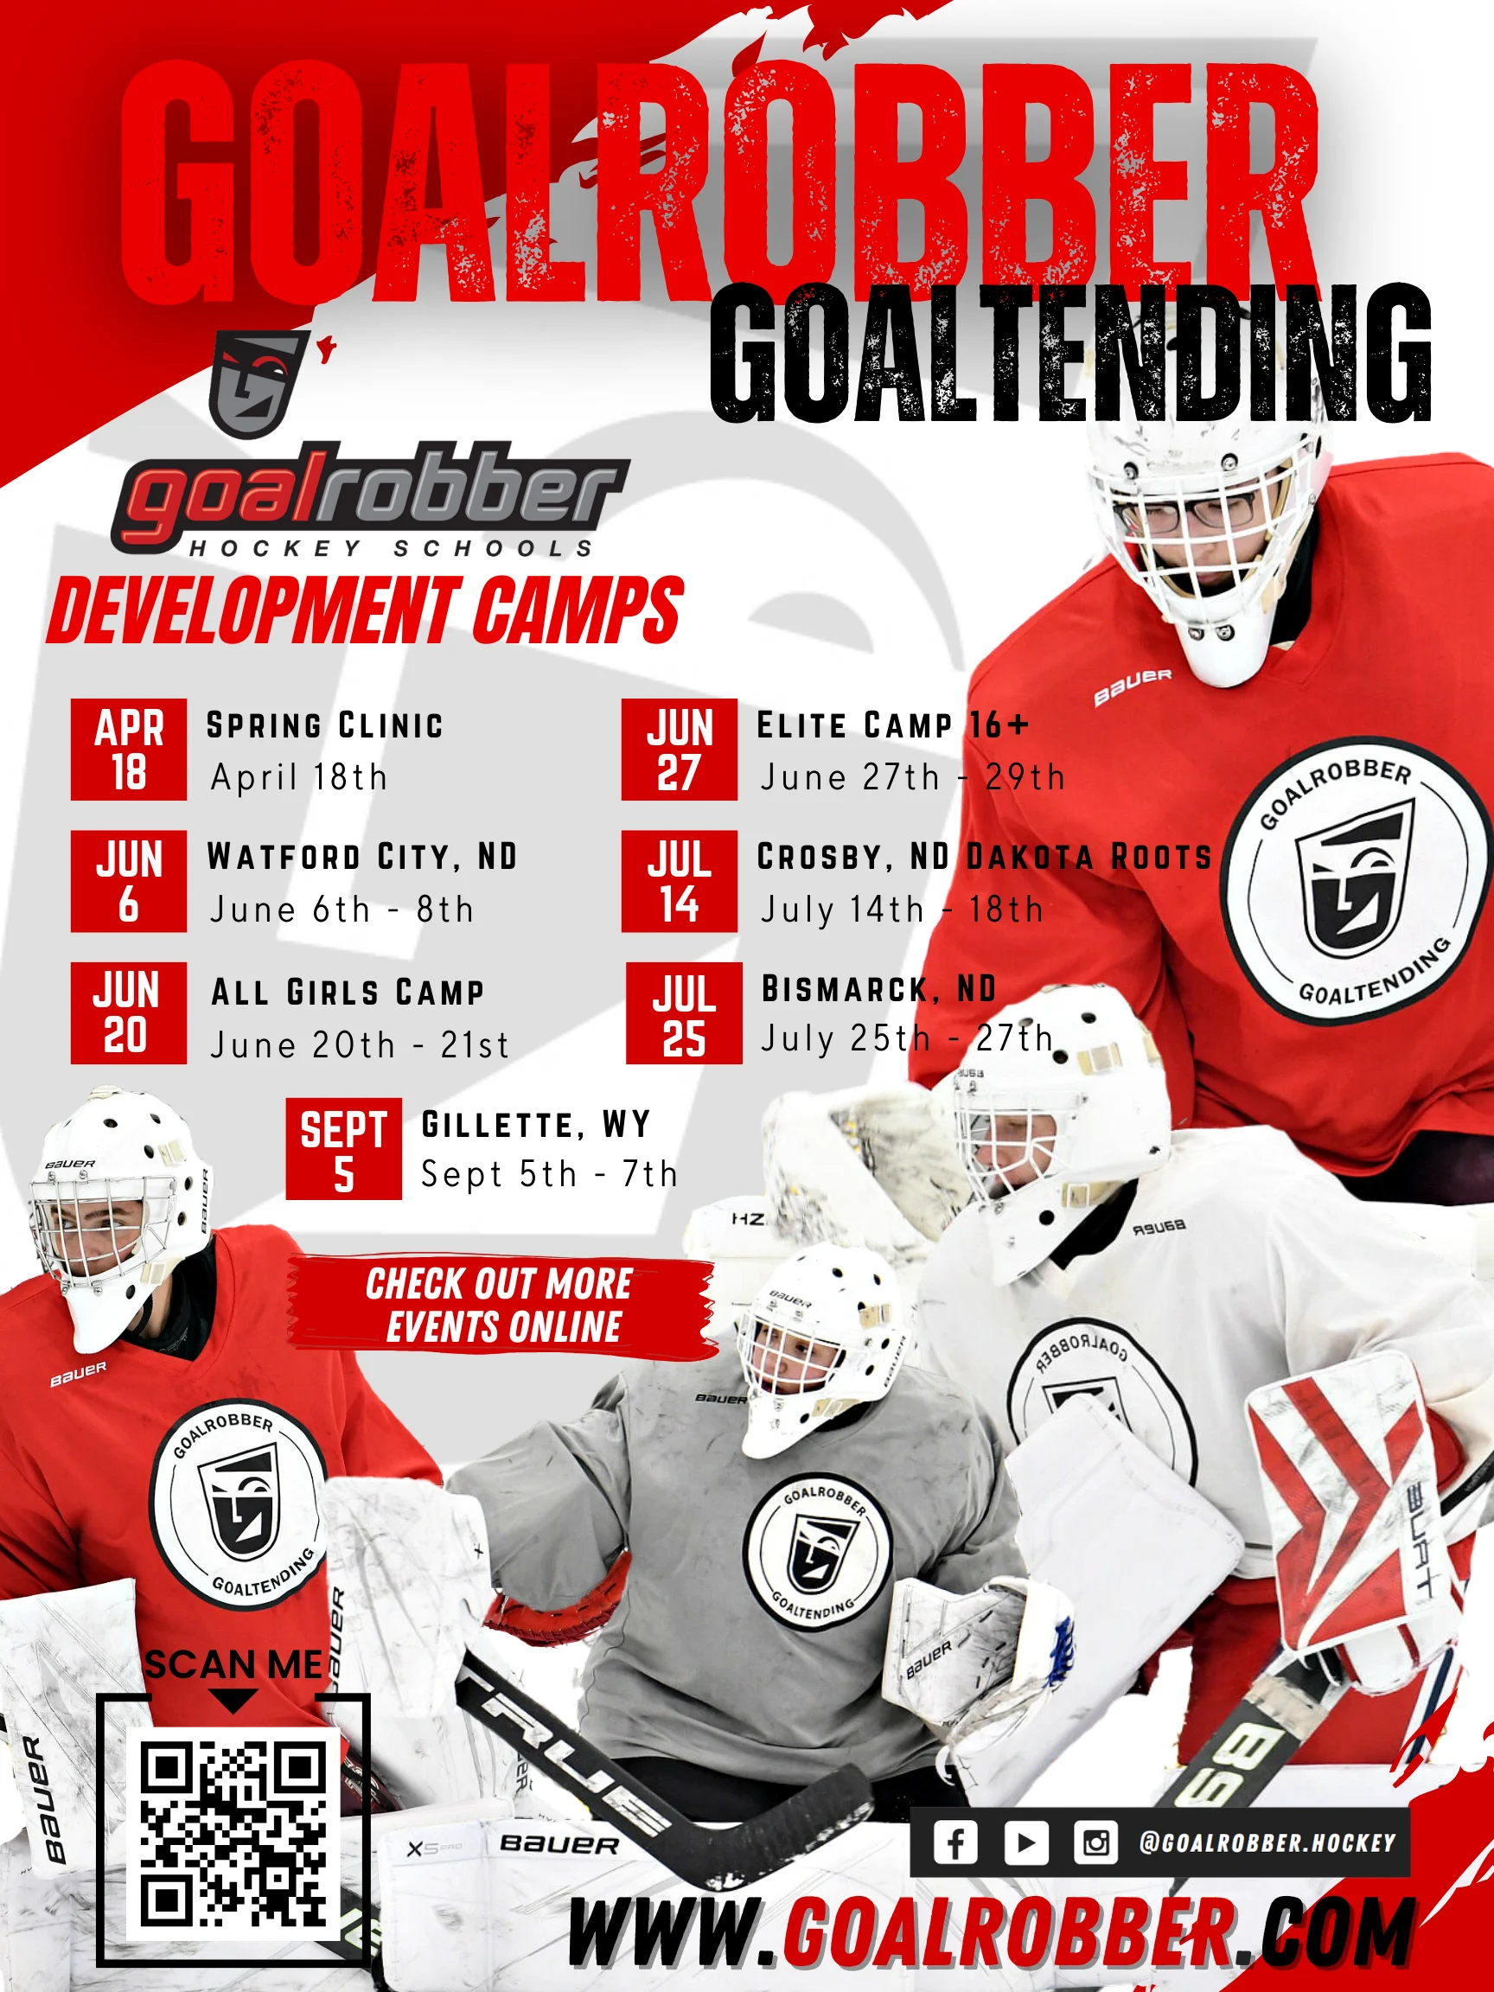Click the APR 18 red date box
coord(129,750)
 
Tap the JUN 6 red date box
coord(129,881)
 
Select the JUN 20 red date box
coord(129,1013)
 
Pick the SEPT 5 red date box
coord(344,1148)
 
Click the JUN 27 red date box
coord(679,750)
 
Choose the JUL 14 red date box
coord(679,881)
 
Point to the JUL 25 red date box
coord(685,1013)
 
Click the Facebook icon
coord(955,1842)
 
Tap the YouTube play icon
coord(1026,1842)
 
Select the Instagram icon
coord(1096,1842)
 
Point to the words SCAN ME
coord(234,1665)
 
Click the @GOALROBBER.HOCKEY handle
coord(1268,1842)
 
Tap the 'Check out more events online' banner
coord(501,1305)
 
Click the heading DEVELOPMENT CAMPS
coord(366,610)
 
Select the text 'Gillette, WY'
coord(536,1125)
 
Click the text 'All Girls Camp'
coord(348,993)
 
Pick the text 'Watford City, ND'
coord(362,857)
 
